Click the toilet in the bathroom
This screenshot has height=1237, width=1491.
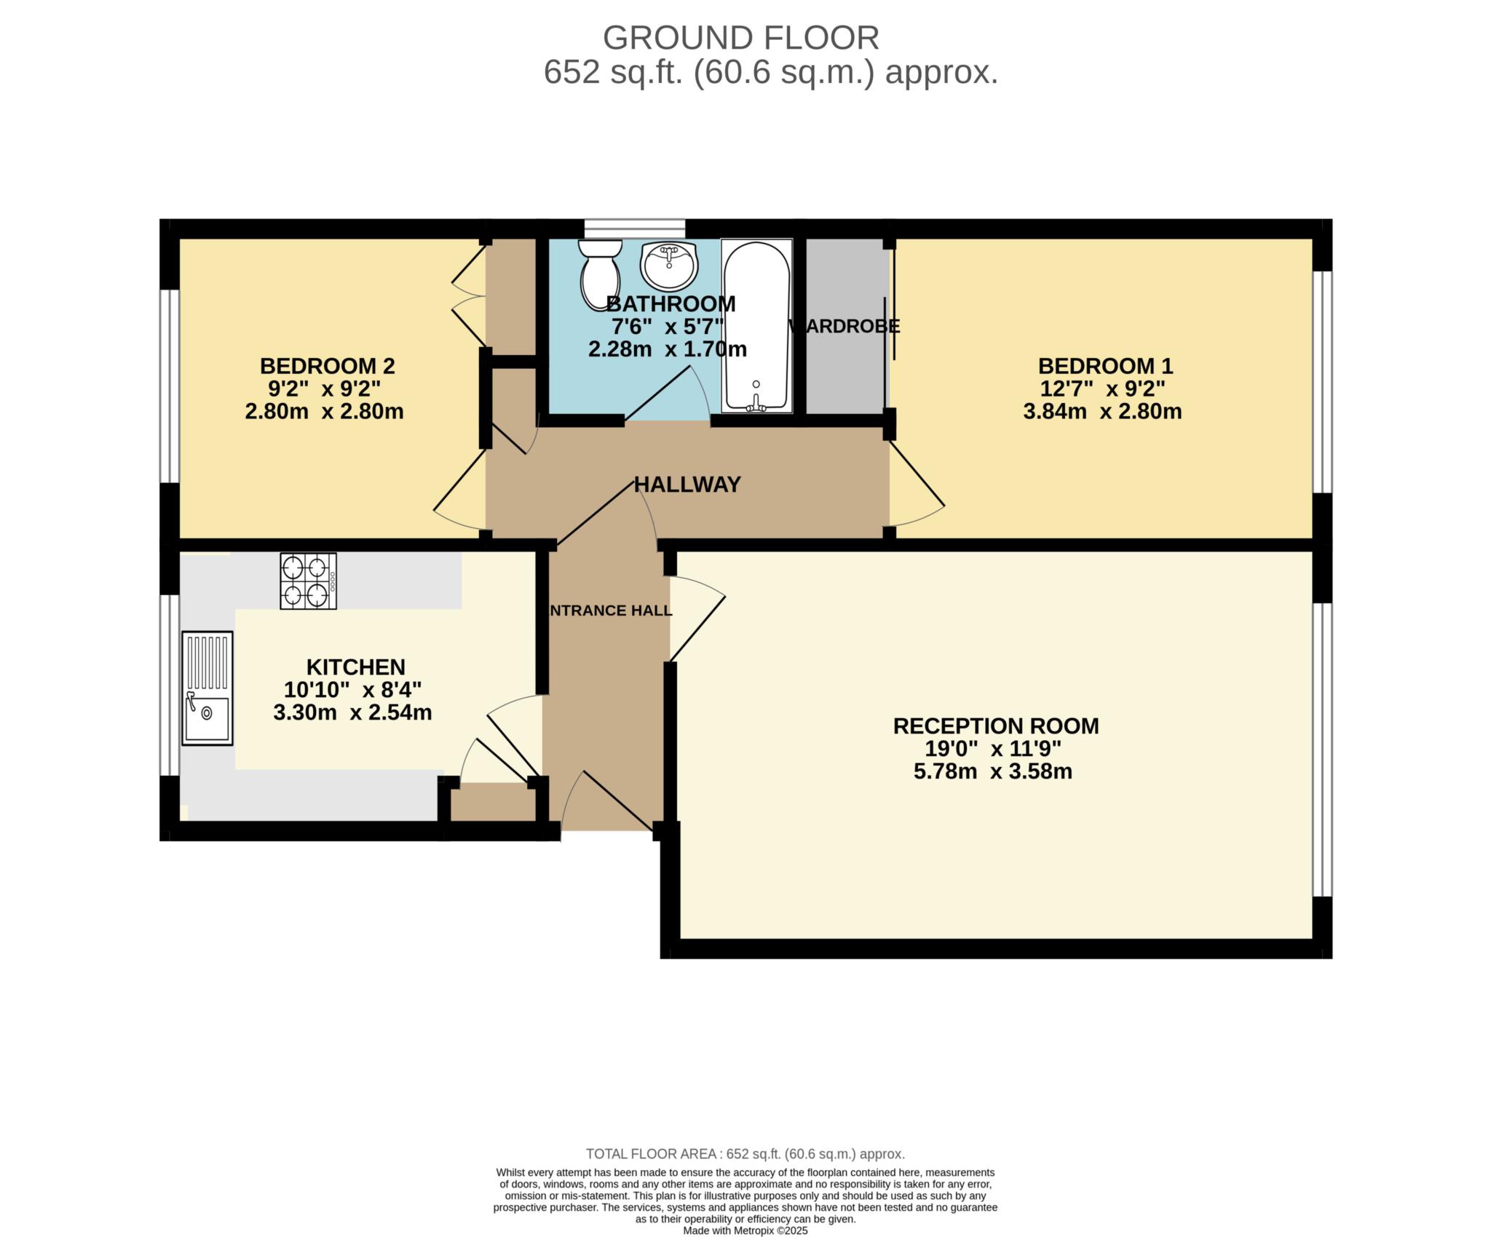(599, 274)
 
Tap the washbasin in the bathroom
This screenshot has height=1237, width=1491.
(668, 265)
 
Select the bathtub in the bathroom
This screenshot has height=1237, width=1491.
(756, 325)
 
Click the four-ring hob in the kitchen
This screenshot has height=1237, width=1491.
(309, 581)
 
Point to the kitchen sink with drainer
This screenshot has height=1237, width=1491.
(207, 688)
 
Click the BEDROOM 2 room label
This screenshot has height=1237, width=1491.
(328, 365)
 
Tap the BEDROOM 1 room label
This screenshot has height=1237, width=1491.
(1105, 365)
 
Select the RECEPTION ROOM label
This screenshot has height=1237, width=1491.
(996, 725)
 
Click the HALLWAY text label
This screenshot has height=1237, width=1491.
(687, 485)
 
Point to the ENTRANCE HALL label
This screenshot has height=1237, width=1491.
(609, 610)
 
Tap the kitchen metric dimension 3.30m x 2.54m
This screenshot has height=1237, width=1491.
(352, 712)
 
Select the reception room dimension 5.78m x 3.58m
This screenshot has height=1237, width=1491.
(993, 771)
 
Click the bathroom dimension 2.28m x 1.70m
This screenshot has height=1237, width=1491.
(668, 349)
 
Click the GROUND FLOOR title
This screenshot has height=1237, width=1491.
(741, 38)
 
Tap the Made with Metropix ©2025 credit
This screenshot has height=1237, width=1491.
(745, 1231)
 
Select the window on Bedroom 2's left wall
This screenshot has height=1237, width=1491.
(170, 386)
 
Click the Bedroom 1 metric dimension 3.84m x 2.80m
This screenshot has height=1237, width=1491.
(1102, 412)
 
